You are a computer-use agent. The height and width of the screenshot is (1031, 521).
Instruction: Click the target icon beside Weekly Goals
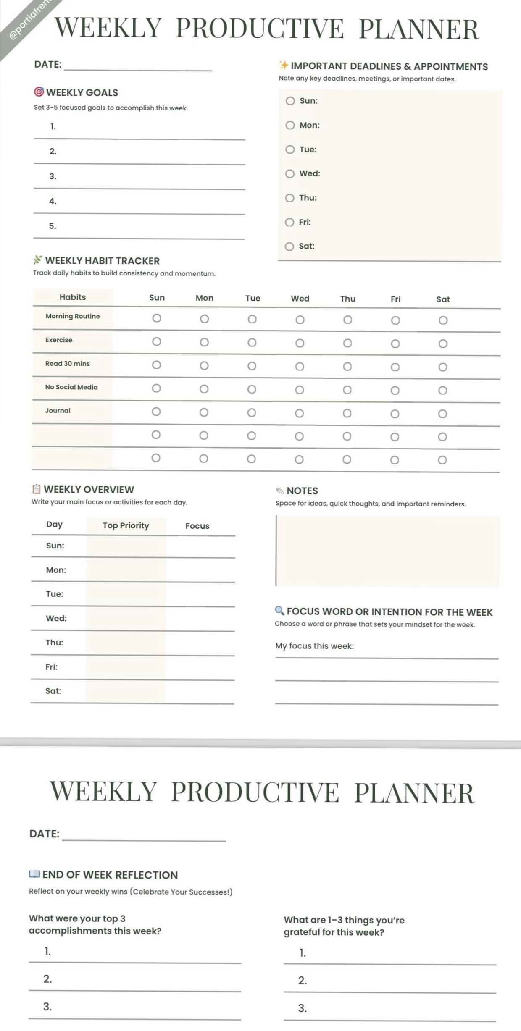(x=39, y=92)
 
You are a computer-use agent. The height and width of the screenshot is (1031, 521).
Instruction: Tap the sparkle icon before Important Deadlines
(x=284, y=65)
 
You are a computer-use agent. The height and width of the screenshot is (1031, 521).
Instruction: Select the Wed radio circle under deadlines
(x=290, y=174)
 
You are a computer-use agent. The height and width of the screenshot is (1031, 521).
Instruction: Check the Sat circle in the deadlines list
(x=289, y=247)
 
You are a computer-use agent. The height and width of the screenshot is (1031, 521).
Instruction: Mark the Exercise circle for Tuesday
(x=252, y=343)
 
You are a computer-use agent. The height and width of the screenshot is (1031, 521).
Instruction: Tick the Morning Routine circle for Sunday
(x=157, y=318)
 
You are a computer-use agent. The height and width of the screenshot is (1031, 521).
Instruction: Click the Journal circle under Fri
(x=395, y=414)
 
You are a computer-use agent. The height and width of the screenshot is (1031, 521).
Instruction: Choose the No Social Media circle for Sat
(x=443, y=391)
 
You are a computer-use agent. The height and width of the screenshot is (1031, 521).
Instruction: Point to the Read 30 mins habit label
(x=68, y=364)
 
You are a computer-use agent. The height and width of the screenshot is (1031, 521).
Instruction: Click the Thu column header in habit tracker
(x=348, y=299)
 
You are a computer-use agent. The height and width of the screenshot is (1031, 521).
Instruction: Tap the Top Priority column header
(x=126, y=526)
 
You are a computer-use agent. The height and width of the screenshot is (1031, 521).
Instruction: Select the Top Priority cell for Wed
(x=126, y=619)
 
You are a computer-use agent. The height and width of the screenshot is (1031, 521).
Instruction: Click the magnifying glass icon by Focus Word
(x=279, y=611)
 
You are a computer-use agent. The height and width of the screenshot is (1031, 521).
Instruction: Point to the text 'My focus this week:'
(x=315, y=646)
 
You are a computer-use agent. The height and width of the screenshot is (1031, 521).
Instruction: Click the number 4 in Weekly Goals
(x=53, y=202)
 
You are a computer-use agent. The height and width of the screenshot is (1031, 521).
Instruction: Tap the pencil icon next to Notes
(x=280, y=491)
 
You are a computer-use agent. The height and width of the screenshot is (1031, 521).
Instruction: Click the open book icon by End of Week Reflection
(x=34, y=874)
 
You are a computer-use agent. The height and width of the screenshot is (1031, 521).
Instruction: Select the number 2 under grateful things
(x=303, y=981)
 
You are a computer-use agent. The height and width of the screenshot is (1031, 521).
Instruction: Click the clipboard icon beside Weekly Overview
(x=37, y=489)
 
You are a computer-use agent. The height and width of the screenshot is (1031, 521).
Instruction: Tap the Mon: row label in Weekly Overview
(x=56, y=570)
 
